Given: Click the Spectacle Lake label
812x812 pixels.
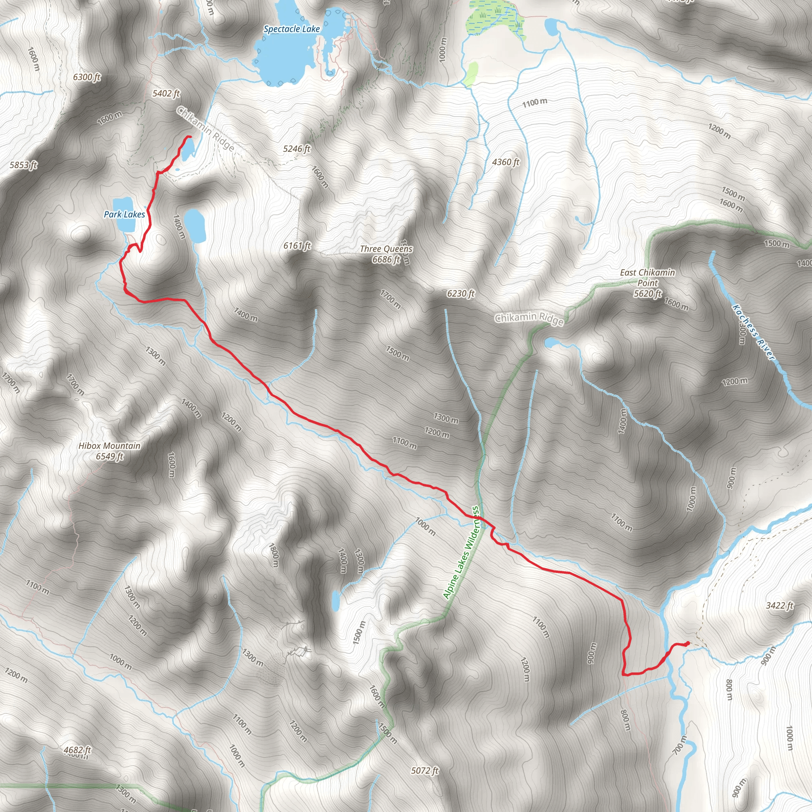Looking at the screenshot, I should click(x=291, y=29).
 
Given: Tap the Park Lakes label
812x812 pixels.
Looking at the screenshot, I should click(x=124, y=214).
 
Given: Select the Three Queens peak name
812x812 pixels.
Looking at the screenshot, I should click(x=386, y=249).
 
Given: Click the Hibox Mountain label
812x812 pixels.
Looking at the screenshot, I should click(x=109, y=446).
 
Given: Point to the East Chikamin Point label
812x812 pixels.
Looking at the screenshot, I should click(x=647, y=278).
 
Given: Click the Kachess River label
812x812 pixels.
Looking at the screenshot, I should click(x=753, y=332).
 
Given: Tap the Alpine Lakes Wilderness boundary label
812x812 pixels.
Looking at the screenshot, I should click(x=461, y=552).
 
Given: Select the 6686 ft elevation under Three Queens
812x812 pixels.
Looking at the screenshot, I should click(x=386, y=259).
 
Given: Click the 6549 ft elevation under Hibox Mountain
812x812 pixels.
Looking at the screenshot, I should click(x=109, y=456).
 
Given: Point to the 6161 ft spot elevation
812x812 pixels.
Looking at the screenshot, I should click(x=297, y=245).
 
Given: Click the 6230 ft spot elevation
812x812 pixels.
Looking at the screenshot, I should click(x=461, y=293).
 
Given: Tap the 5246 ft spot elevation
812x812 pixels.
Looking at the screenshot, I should click(x=296, y=149).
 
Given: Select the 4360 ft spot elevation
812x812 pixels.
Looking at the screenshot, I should click(x=506, y=162).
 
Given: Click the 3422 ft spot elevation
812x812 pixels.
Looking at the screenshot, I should click(x=779, y=605).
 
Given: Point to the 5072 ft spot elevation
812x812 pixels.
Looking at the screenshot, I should click(x=425, y=770).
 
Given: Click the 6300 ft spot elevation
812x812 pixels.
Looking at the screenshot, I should click(x=86, y=77).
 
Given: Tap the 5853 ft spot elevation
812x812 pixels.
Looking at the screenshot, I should click(x=23, y=165).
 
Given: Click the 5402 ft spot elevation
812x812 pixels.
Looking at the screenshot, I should click(x=166, y=93).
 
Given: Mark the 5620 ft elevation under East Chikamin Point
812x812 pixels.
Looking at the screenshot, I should click(x=647, y=293).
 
